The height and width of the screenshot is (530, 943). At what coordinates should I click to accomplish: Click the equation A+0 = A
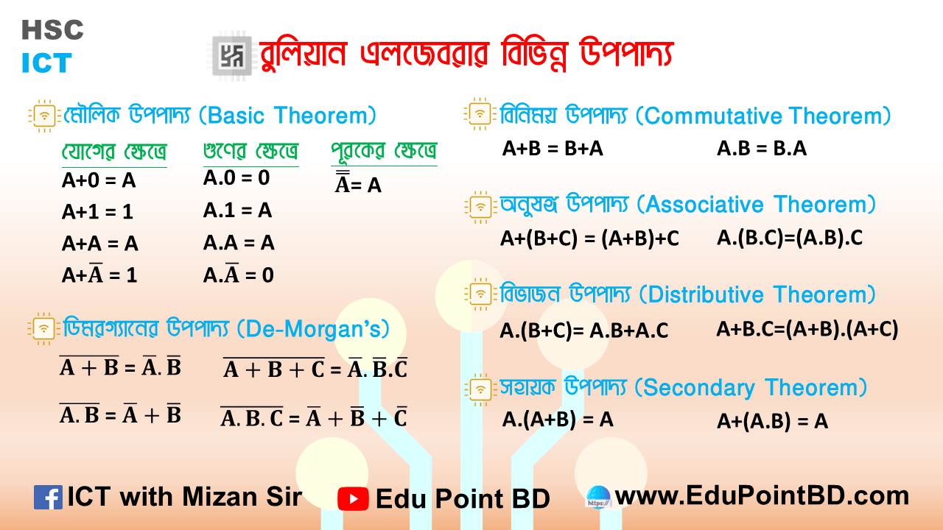(x=99, y=181)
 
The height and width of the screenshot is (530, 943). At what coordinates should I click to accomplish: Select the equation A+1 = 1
(x=98, y=212)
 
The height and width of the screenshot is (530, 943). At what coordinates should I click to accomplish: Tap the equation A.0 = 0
(x=236, y=177)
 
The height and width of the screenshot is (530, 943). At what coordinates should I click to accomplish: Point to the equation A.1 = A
(x=237, y=211)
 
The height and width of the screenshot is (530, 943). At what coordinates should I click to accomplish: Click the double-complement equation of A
(x=358, y=184)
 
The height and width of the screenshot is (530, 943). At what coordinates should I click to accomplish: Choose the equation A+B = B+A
(x=553, y=149)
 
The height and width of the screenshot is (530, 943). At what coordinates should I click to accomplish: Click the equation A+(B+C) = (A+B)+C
(x=589, y=239)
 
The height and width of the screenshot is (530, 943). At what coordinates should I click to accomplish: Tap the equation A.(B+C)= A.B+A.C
(x=583, y=331)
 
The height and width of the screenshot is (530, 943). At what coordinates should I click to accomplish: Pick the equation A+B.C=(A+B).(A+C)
(x=807, y=329)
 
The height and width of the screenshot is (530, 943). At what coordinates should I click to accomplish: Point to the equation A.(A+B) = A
(x=558, y=420)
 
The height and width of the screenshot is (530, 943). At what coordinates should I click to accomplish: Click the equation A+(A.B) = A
(x=772, y=421)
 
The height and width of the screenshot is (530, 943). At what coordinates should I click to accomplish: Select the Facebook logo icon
(x=48, y=498)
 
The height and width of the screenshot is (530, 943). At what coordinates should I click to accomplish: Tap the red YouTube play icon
(x=353, y=498)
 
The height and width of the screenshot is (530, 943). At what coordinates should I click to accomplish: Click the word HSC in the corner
(x=52, y=30)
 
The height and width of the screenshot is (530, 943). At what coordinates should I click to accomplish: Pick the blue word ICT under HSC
(x=46, y=63)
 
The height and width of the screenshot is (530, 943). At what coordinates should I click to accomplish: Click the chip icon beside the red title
(x=231, y=56)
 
